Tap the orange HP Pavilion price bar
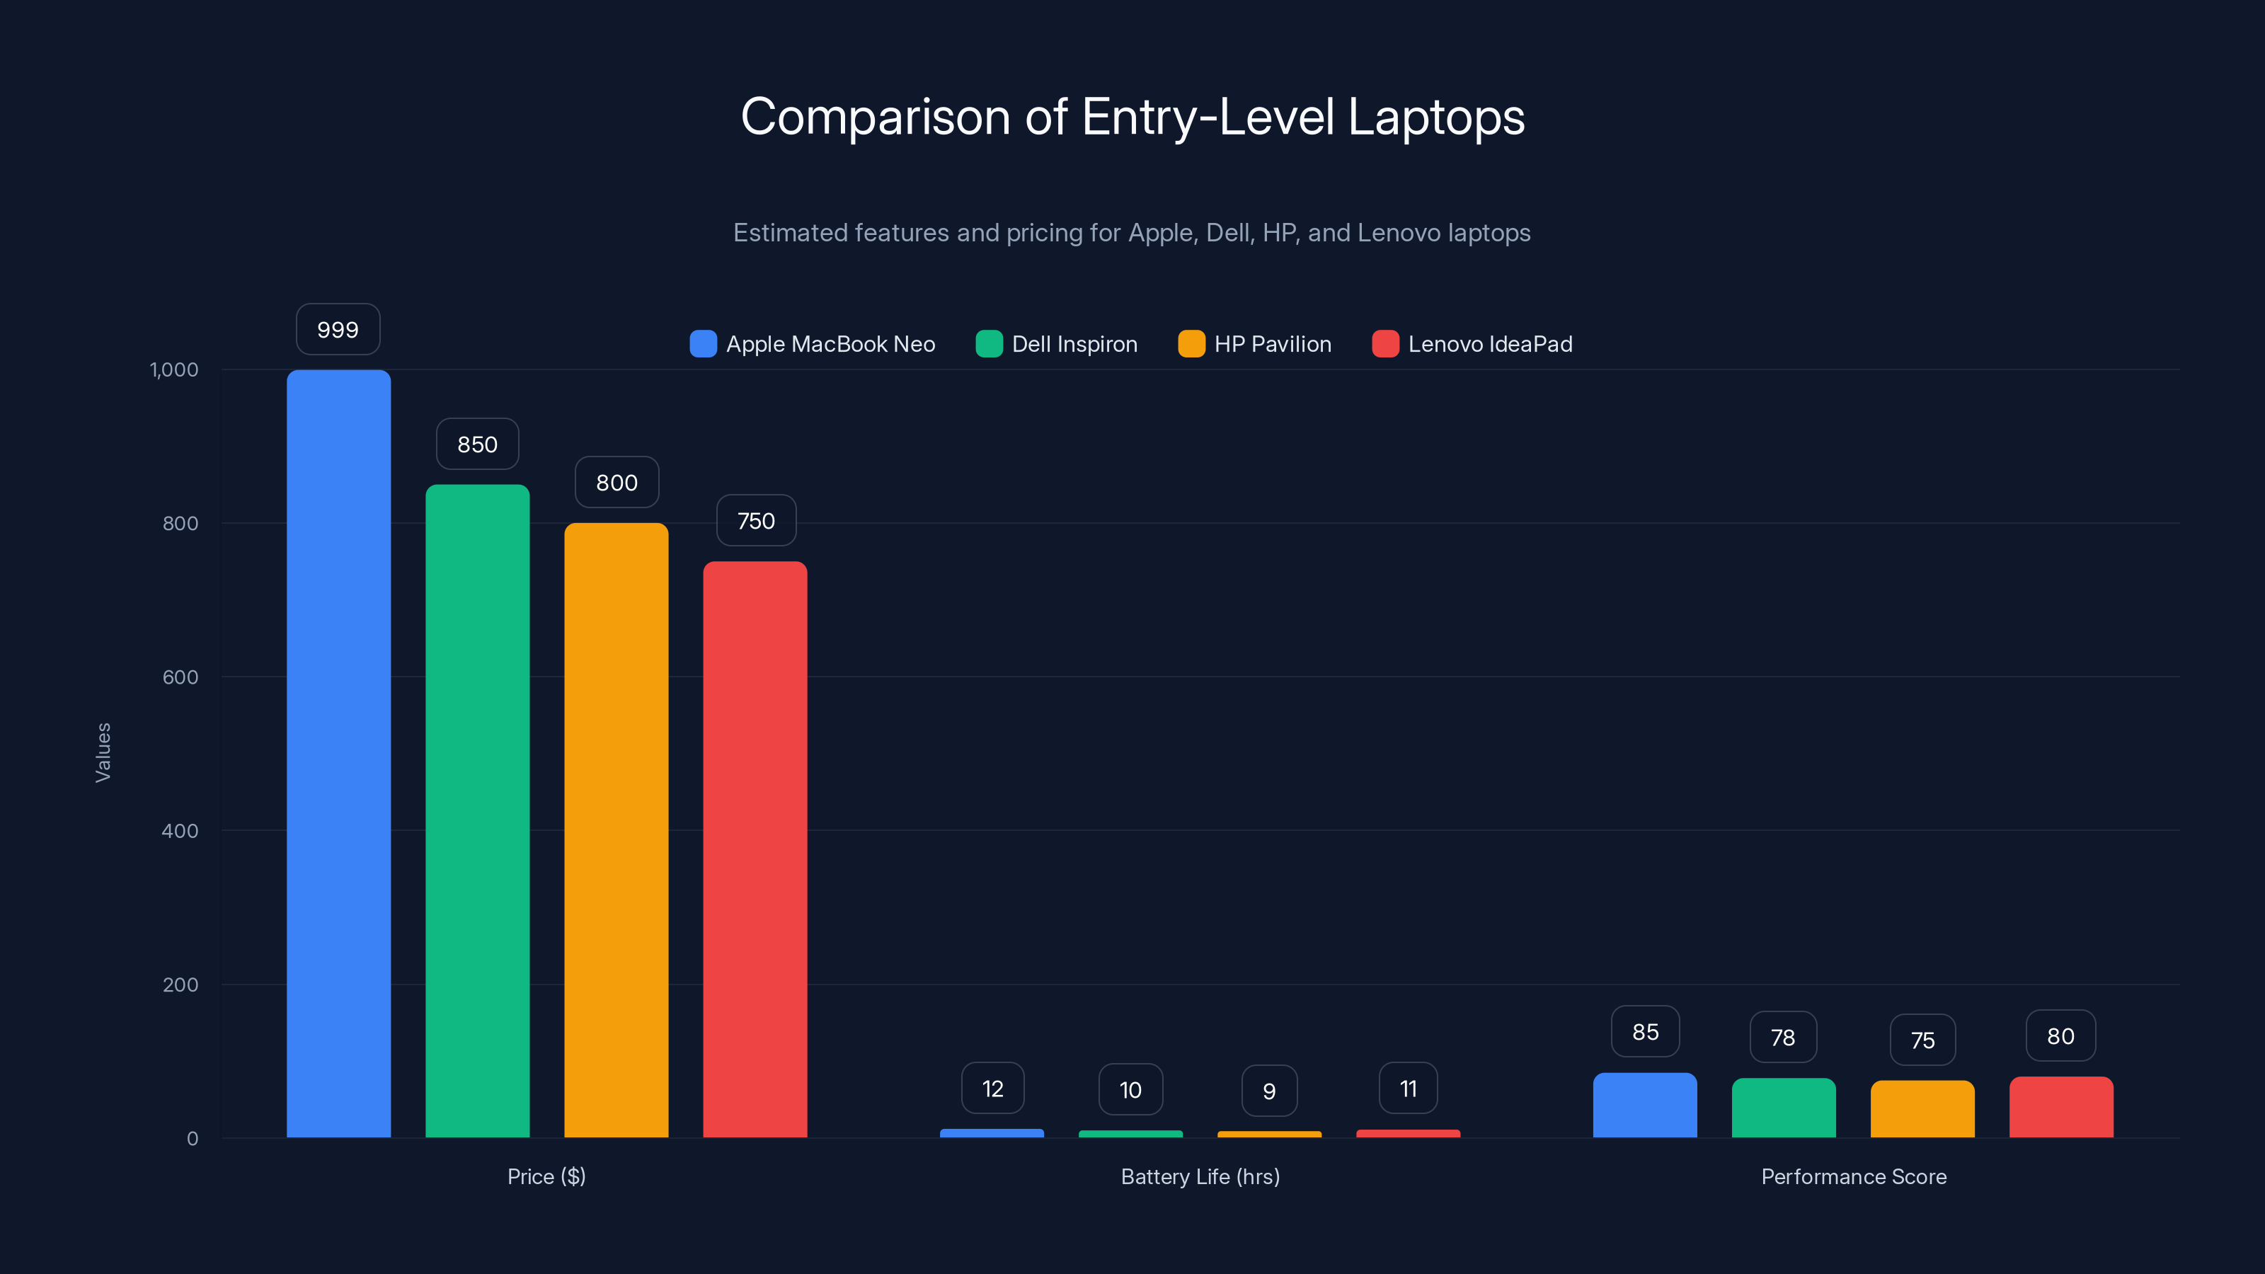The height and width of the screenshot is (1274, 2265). (617, 830)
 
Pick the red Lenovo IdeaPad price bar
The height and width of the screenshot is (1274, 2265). (755, 849)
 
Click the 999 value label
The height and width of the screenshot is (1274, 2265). (338, 330)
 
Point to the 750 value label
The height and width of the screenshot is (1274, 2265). (756, 520)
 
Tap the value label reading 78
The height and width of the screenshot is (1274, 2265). (1783, 1038)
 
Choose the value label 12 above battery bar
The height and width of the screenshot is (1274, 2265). (992, 1089)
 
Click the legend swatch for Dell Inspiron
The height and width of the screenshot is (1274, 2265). (990, 344)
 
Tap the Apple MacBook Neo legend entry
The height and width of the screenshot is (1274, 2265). (830, 344)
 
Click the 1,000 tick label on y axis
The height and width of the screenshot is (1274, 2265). (174, 369)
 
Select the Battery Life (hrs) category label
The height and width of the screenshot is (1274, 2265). (1200, 1176)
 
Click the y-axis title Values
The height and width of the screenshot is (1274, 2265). (103, 752)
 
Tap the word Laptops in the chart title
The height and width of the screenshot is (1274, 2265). (1436, 117)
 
